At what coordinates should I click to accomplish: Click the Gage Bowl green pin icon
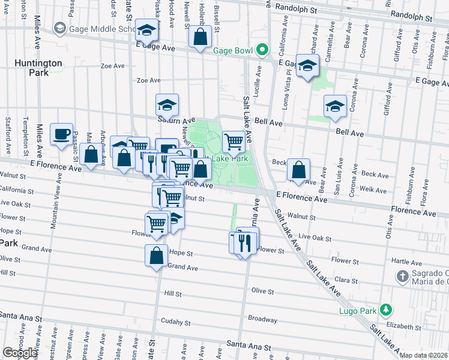261,50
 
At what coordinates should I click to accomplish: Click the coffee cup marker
61,134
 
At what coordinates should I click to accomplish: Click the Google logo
20,353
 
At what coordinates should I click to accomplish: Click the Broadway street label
262,319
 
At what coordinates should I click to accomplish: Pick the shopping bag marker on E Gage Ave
200,37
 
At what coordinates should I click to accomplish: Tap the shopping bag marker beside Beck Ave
298,170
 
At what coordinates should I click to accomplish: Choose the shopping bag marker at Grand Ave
156,256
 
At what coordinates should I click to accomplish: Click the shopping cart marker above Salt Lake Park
234,143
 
